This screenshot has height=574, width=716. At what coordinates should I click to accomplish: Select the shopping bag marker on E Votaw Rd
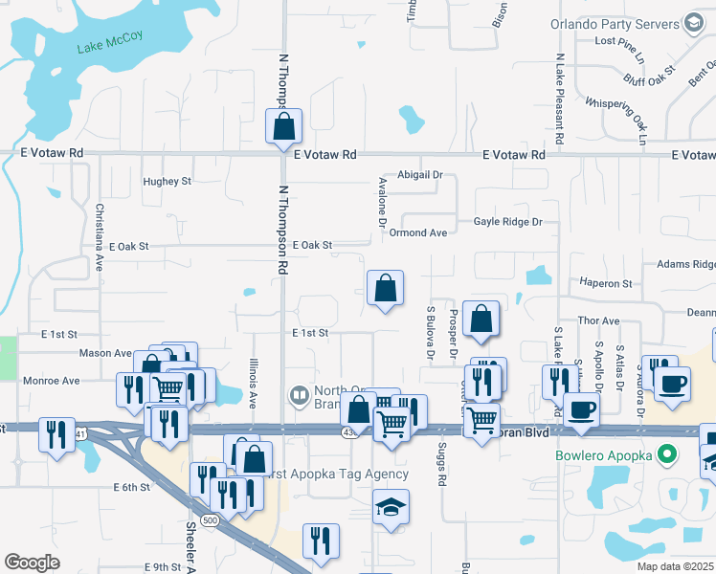point(283,127)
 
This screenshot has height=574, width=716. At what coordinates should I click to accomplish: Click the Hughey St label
point(167,181)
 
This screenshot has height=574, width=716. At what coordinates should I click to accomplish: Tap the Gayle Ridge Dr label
point(507,222)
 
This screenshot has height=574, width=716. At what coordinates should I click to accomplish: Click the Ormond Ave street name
point(418,232)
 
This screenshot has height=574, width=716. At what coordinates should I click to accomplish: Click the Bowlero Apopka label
point(606,454)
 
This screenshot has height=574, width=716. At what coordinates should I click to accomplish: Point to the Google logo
point(32,563)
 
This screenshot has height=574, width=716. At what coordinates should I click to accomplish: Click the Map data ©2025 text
point(672,566)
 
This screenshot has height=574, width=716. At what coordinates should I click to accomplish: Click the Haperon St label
point(605,283)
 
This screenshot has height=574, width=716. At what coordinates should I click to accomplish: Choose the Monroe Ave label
point(52,381)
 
